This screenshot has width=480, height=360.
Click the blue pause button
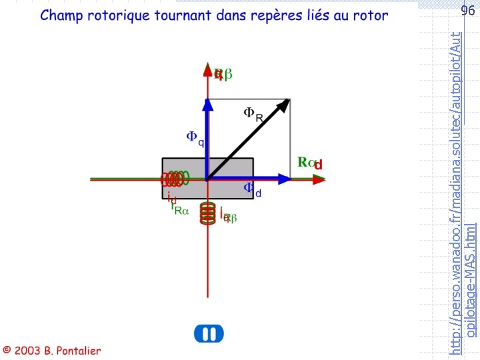[209, 334]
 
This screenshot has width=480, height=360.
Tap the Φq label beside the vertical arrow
[195, 138]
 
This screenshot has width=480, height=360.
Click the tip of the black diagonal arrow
[287, 101]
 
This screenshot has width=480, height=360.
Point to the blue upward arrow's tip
[208, 101]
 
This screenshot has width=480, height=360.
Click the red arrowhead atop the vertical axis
[208, 67]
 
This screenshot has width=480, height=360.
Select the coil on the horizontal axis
[175, 179]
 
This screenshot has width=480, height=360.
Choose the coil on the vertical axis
[209, 214]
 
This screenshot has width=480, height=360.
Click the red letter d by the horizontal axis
[318, 164]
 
